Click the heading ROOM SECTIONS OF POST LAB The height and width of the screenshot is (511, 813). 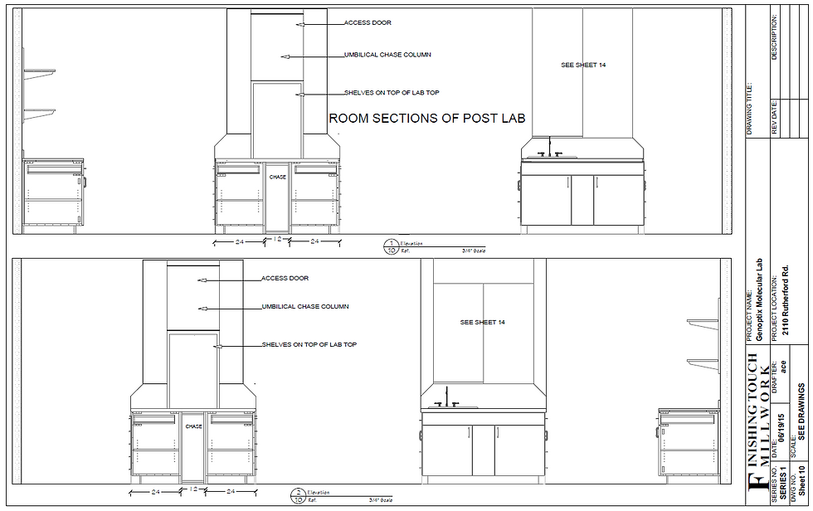click(x=427, y=119)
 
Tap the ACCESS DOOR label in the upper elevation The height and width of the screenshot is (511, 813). click(x=368, y=23)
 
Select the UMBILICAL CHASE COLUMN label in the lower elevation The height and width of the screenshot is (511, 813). click(x=305, y=307)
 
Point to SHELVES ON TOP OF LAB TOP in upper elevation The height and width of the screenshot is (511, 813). click(x=391, y=93)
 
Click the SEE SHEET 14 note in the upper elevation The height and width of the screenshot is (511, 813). click(x=583, y=65)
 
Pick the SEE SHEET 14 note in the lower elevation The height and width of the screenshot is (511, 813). click(x=483, y=322)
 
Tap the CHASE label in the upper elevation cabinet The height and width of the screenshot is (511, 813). click(x=277, y=177)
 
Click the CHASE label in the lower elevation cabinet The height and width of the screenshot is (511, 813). click(x=193, y=426)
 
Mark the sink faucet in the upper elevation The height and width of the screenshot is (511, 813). click(x=549, y=148)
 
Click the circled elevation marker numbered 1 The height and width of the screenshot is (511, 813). click(x=391, y=246)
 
